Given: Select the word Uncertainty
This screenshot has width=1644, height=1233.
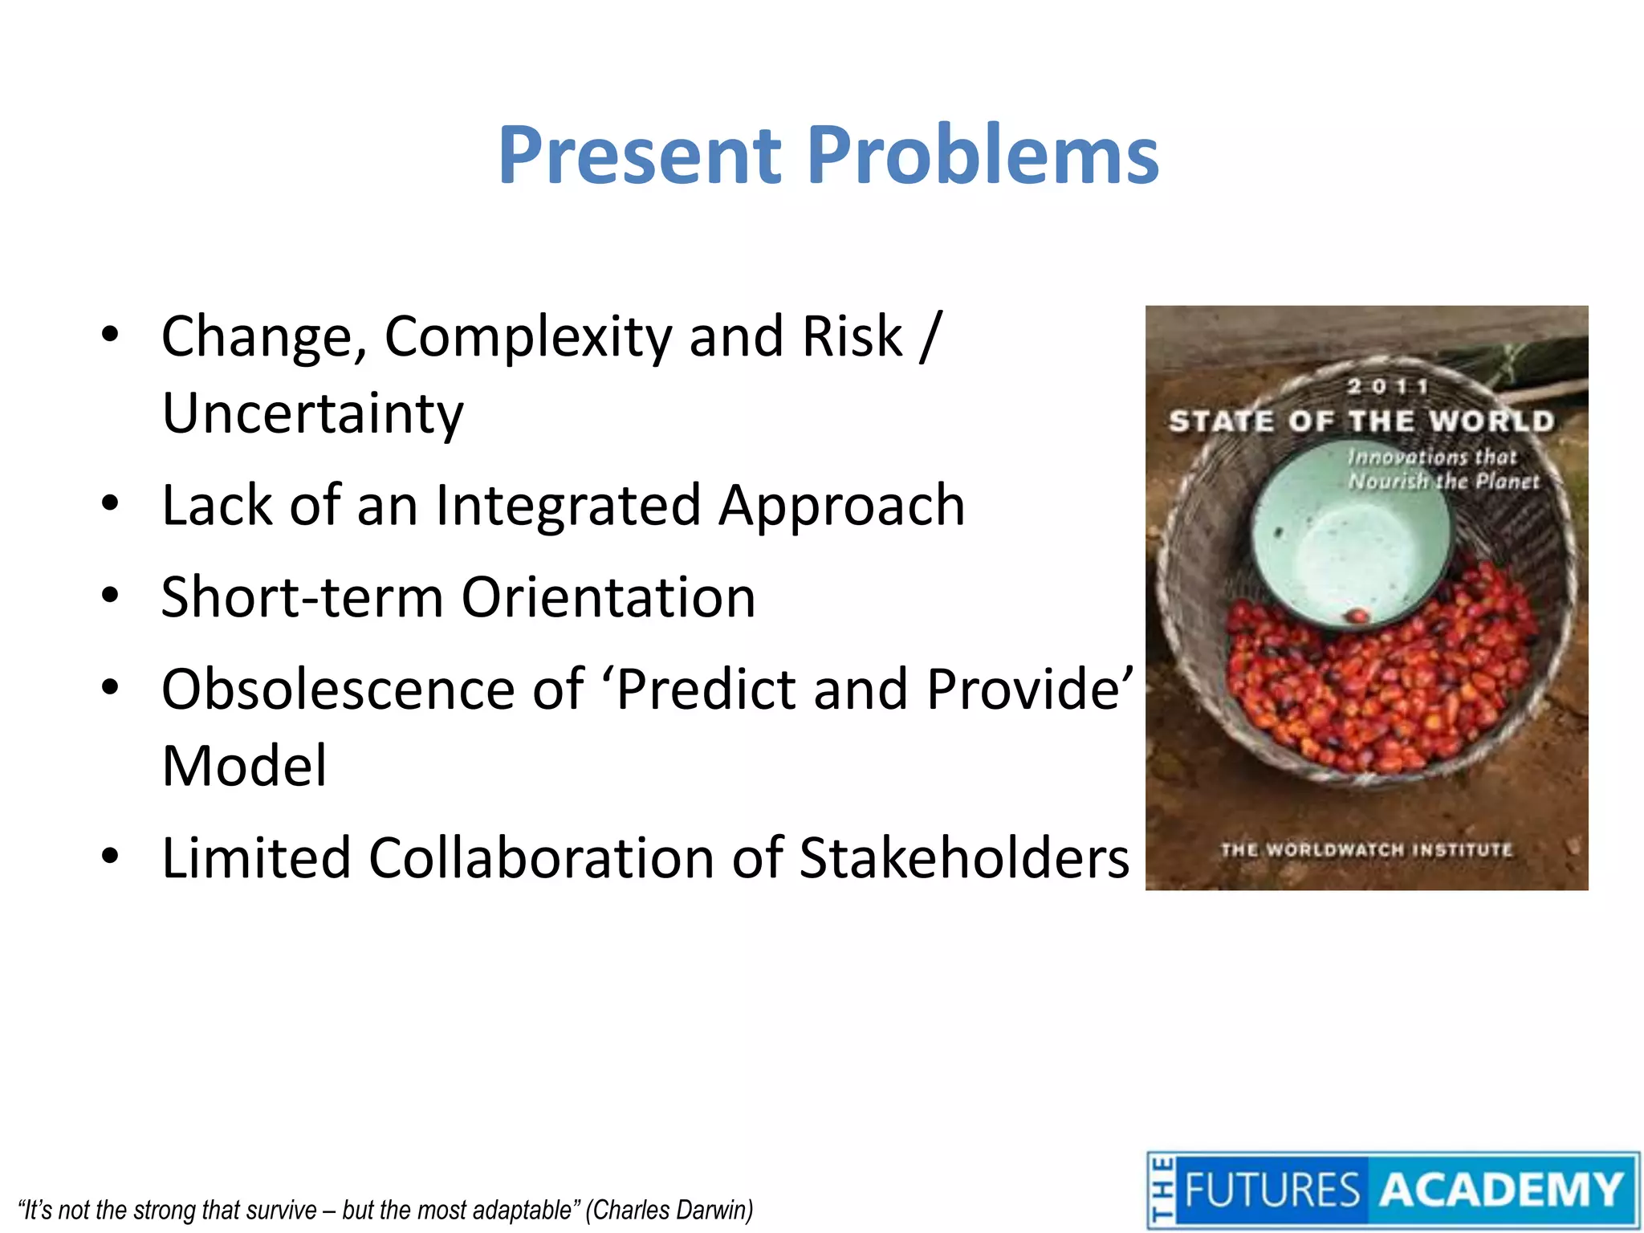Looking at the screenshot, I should click(x=313, y=413).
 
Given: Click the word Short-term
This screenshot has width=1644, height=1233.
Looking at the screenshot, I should click(x=302, y=597).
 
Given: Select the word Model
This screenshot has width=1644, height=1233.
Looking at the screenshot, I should click(x=244, y=766).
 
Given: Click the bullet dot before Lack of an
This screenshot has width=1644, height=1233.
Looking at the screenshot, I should click(x=111, y=505).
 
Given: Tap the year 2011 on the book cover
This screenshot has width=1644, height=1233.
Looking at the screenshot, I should click(x=1388, y=387).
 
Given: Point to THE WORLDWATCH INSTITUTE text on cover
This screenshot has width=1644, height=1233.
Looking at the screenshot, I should click(x=1366, y=849).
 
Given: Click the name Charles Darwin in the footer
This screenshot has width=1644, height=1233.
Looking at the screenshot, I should click(x=670, y=1209).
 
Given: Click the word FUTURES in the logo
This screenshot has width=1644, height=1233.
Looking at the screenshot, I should click(x=1272, y=1190).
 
